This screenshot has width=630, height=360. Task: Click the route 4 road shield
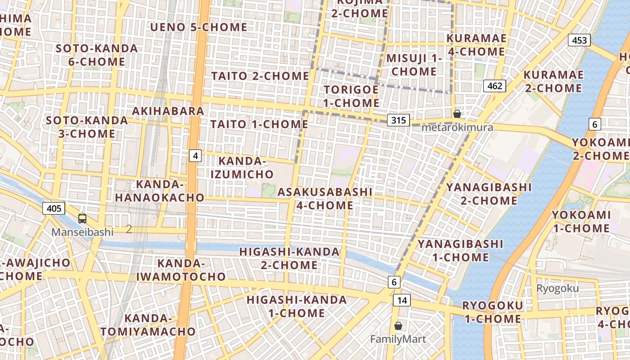[x=195, y=156]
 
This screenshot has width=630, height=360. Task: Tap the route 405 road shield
[x=54, y=208]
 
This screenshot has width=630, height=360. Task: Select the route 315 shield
[x=398, y=120]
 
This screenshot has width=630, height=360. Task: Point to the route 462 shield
[x=495, y=85]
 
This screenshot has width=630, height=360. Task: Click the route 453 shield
[x=579, y=40]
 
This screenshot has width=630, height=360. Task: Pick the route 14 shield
[x=401, y=300]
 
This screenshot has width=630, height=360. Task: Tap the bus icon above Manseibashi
[x=82, y=219]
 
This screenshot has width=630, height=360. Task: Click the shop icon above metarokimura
[x=457, y=114]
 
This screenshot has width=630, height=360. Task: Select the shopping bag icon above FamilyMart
[x=398, y=326]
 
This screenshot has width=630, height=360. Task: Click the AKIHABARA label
[x=168, y=111]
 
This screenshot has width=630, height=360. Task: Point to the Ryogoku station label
[x=558, y=288]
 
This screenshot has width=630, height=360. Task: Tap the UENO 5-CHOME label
[x=198, y=27]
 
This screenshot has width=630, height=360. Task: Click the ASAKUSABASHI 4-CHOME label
[x=325, y=198]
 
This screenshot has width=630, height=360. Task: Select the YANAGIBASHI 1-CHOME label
[x=460, y=251]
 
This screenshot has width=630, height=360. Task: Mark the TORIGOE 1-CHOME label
[x=351, y=96]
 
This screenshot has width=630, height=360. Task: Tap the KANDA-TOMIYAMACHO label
[x=148, y=325]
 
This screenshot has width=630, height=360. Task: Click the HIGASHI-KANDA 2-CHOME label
[x=289, y=258]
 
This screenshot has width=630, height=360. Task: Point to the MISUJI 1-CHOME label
[x=414, y=65]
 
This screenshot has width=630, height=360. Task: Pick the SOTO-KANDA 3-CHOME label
[x=81, y=127]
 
